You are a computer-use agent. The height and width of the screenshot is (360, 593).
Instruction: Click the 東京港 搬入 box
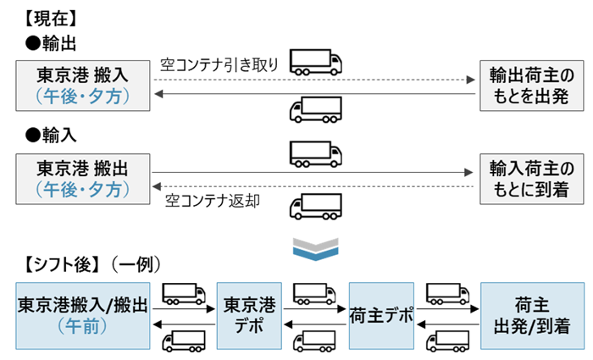pos(82,85)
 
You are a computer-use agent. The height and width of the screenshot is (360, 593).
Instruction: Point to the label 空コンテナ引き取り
pos(219,64)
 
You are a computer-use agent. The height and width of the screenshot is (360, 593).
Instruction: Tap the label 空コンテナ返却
pos(213,201)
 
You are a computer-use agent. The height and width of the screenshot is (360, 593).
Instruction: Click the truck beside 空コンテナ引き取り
pos(315,62)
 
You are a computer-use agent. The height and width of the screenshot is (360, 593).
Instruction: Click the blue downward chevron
pos(315,248)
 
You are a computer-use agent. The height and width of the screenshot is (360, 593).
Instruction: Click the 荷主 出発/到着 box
pos(532,313)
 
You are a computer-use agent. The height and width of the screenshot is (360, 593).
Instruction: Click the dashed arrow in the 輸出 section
pos(313,79)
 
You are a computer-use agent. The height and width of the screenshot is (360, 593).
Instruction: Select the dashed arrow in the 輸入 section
pos(313,186)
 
